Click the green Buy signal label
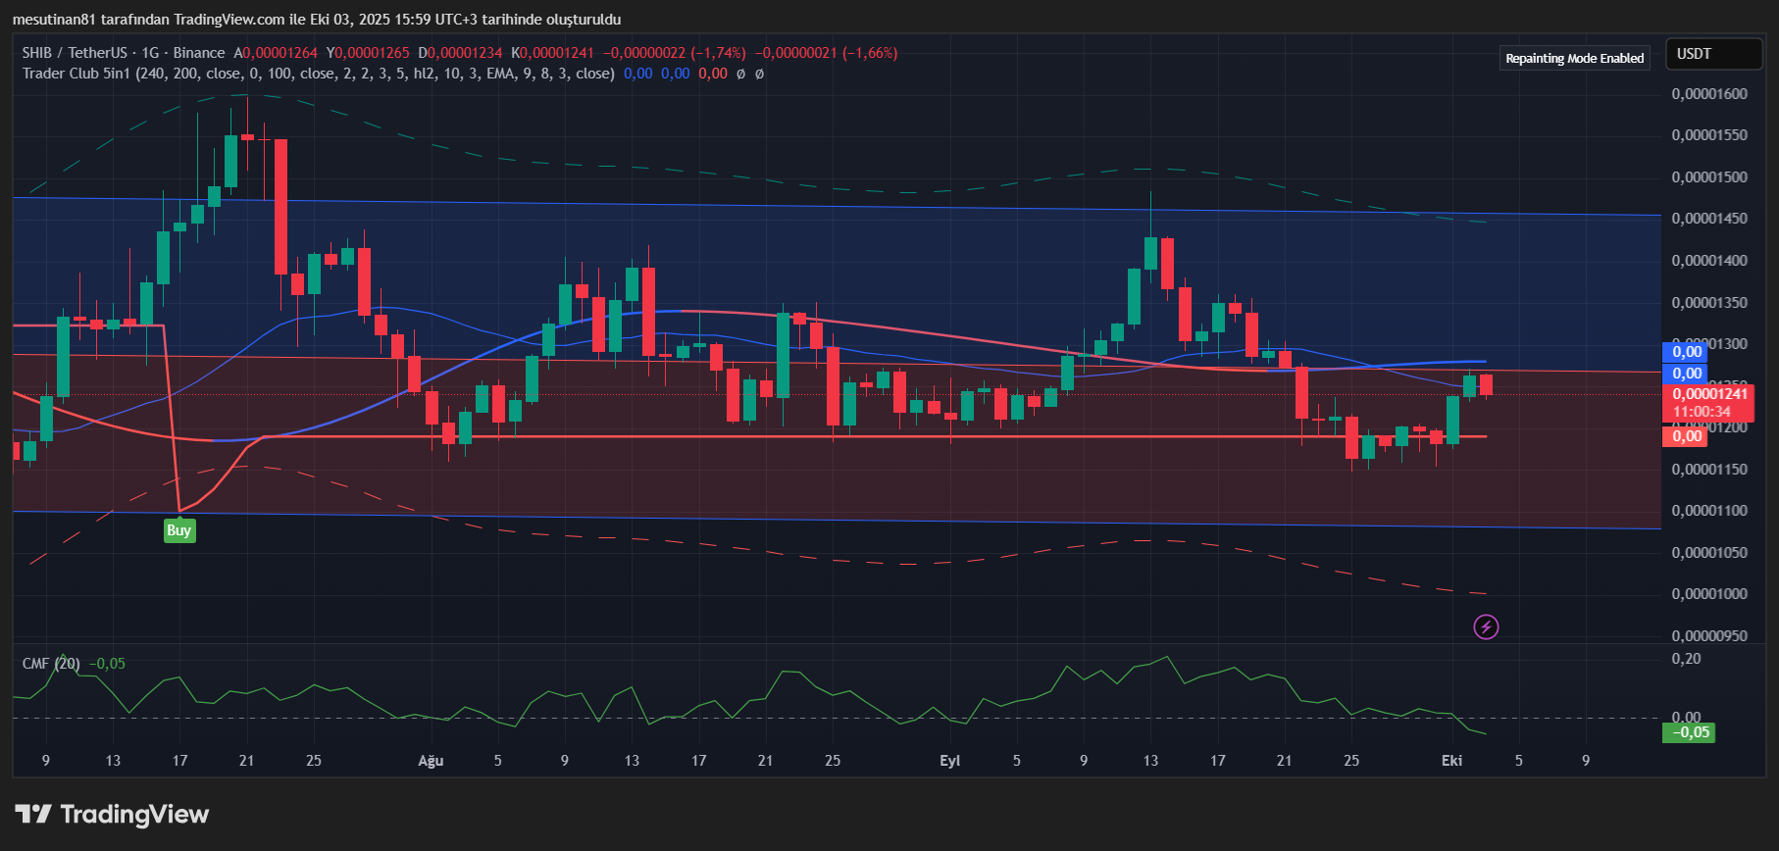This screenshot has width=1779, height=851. [178, 530]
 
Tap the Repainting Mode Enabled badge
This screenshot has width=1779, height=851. [1574, 58]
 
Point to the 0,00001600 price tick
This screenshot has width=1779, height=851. [1708, 94]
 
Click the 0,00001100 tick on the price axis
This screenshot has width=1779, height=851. [1708, 511]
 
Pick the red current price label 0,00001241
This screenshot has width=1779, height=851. [1709, 394]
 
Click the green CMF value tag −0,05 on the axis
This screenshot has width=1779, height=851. [1690, 732]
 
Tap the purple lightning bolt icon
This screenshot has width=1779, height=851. [1486, 626]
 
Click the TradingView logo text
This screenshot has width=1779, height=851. [134, 815]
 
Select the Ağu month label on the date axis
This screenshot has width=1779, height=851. [431, 761]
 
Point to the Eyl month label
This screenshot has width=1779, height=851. [949, 761]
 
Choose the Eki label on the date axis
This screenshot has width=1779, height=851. [1451, 761]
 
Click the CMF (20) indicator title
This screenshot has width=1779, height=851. [51, 664]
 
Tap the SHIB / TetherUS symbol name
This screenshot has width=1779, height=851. [75, 53]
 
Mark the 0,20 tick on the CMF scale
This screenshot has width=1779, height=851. [1687, 659]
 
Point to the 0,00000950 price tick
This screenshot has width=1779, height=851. [1708, 635]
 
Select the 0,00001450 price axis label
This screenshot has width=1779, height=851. [1708, 219]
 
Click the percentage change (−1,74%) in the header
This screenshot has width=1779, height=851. [718, 53]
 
